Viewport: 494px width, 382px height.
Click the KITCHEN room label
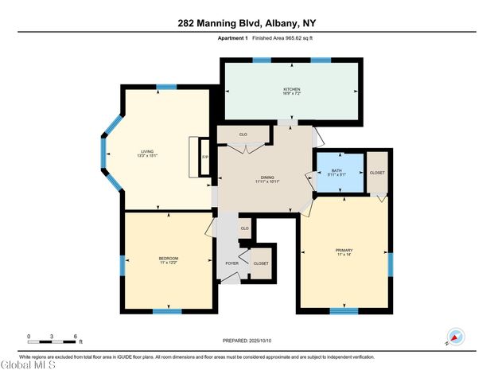point(291,89)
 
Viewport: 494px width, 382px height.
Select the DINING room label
point(268,178)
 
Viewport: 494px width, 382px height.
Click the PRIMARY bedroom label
point(344,252)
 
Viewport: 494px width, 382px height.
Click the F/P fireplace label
point(205,157)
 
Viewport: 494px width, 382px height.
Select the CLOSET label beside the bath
point(377,173)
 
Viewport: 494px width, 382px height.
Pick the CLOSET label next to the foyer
point(261,263)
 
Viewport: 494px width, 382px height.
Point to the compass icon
point(456,337)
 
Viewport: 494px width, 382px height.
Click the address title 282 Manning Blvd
point(247,23)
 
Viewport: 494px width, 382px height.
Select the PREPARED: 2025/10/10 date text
point(247,341)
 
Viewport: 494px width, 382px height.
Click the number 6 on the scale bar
point(75,337)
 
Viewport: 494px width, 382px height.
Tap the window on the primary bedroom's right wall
point(390,263)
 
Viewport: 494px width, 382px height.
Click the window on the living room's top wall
point(166,86)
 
